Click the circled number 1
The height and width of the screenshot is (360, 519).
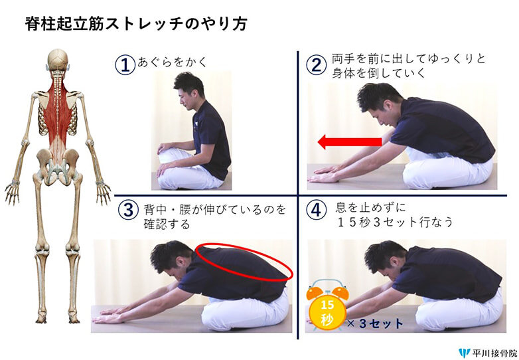pyautogui.click(x=125, y=64)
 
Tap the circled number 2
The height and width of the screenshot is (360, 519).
pyautogui.click(x=317, y=64)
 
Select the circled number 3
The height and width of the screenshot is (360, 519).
pyautogui.click(x=128, y=211)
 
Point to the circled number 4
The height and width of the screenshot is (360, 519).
pyautogui.click(x=316, y=209)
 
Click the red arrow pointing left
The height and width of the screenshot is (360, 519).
pyautogui.click(x=350, y=141)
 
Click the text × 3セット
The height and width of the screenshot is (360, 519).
pyautogui.click(x=375, y=323)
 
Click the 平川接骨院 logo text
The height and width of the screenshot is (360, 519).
pyautogui.click(x=494, y=353)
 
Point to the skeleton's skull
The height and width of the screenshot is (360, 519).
pyautogui.click(x=58, y=60)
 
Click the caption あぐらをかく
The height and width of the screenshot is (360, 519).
pyautogui.click(x=172, y=62)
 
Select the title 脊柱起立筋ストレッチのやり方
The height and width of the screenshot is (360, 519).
pyautogui.click(x=136, y=24)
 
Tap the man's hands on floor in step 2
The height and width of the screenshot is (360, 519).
pyautogui.click(x=326, y=175)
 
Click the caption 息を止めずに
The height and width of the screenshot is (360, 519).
pyautogui.click(x=370, y=208)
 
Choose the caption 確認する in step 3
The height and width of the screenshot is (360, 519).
pyautogui.click(x=167, y=225)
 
